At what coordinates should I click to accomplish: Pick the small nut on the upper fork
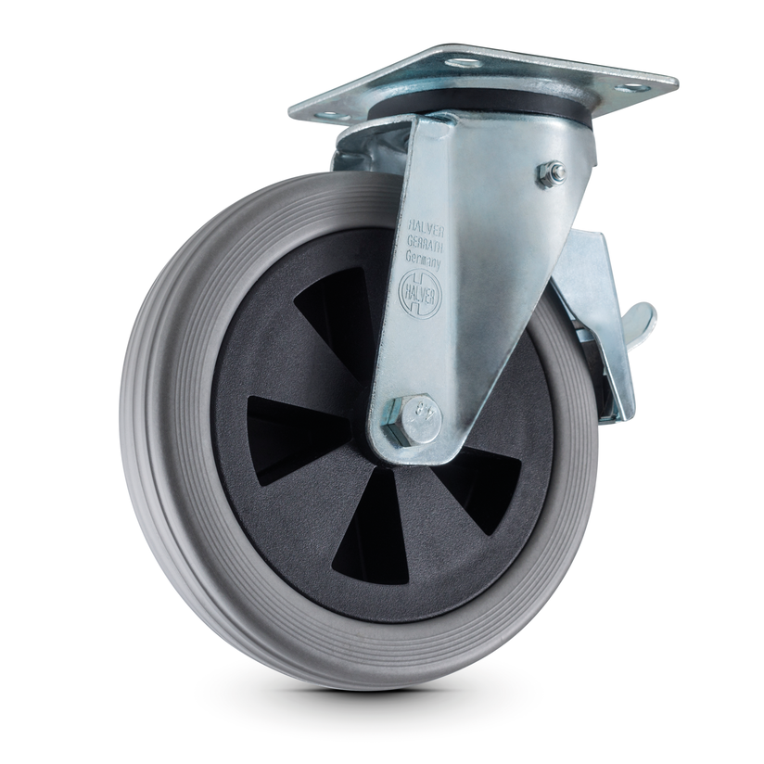(554, 172)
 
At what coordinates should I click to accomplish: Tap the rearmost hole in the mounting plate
(462, 62)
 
